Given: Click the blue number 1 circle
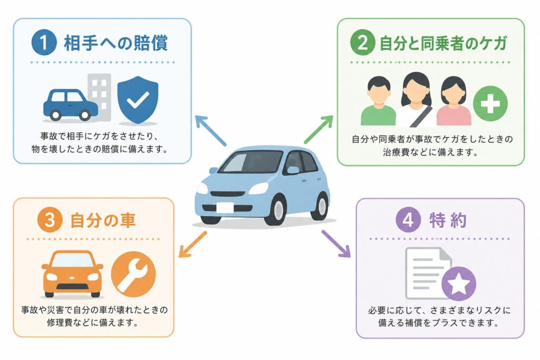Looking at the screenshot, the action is click(44, 43).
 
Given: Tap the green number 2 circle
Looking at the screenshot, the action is click(363, 43).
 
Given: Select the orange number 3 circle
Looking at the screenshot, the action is click(50, 220).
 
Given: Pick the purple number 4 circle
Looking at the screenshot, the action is click(408, 220).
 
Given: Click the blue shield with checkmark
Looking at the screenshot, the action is click(138, 100).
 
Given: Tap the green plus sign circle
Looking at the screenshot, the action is click(490, 103).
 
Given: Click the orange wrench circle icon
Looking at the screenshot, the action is click(133, 274).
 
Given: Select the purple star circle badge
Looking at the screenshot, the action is click(459, 284).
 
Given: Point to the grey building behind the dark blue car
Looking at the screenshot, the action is click(100, 96).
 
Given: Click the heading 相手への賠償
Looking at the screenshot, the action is click(115, 43).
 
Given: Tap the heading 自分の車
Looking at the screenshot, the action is click(103, 220).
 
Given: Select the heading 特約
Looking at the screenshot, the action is click(448, 220).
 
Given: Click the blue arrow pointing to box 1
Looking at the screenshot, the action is click(210, 130).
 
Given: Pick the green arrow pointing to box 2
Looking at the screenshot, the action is click(319, 129).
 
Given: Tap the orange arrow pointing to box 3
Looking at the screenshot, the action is click(193, 245).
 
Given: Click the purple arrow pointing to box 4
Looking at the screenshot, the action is click(336, 244).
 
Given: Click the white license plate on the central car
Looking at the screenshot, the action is click(225, 208).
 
